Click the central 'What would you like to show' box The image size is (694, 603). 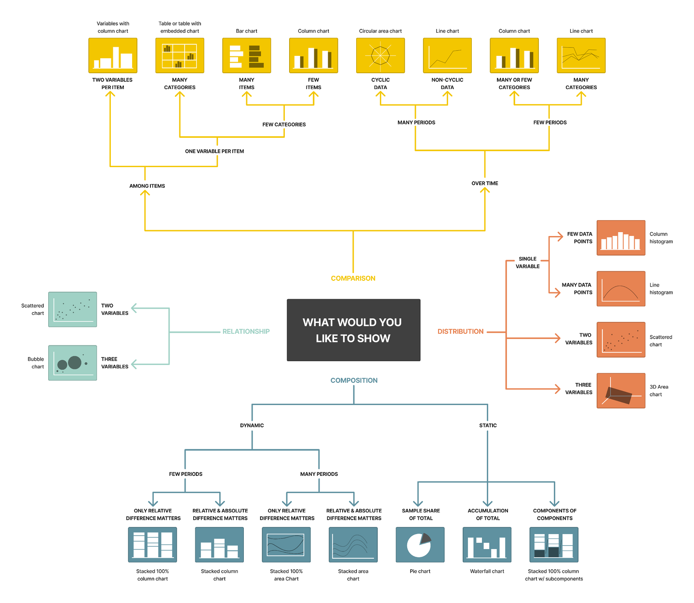[353, 330]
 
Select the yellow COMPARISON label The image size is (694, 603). [353, 278]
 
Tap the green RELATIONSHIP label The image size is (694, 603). [246, 331]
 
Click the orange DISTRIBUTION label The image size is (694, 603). [460, 331]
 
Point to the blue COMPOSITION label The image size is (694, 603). [354, 380]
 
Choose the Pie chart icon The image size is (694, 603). [420, 545]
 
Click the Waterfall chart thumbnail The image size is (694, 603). [487, 545]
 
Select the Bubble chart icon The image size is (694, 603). [72, 363]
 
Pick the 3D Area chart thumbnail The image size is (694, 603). [621, 391]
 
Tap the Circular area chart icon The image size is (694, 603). [380, 55]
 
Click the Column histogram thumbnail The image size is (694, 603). [621, 238]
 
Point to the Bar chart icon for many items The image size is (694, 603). [246, 55]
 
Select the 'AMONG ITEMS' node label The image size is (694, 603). [147, 186]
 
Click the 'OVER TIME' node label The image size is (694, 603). [485, 184]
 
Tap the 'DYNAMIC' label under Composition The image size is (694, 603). [252, 425]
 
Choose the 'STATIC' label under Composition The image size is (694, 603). [488, 425]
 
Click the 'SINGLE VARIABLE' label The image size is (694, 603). [528, 262]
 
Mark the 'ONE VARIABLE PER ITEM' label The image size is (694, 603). [214, 151]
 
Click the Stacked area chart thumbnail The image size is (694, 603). [353, 545]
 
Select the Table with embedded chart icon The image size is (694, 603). [179, 55]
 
